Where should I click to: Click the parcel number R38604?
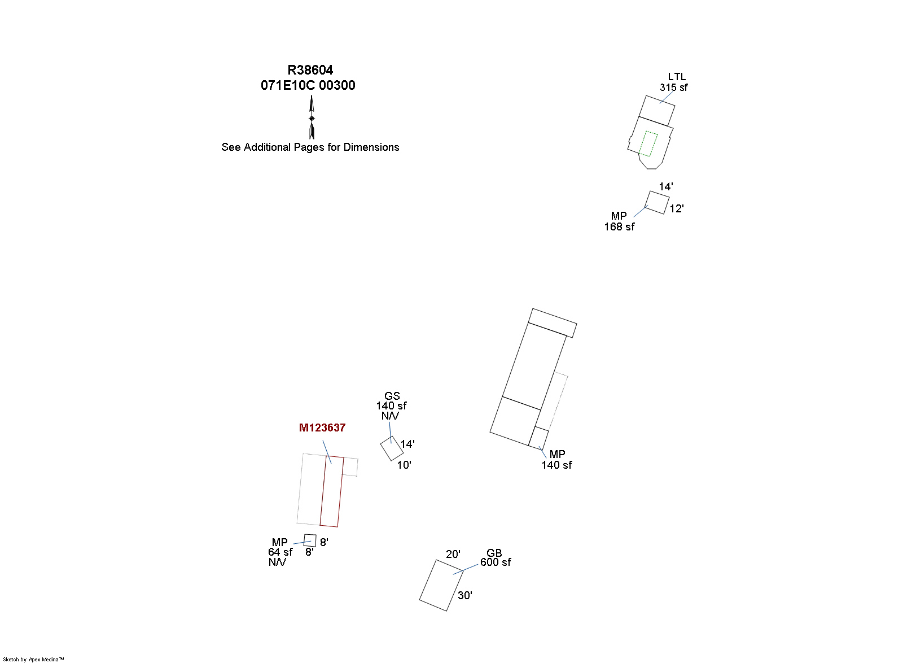310,70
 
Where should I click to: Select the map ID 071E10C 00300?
308,85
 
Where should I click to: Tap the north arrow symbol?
311,117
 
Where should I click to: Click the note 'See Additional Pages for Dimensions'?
310,147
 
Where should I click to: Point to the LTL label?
677,77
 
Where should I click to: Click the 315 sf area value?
673,87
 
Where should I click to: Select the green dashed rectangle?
648,143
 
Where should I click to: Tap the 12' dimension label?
677,208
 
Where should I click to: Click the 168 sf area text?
619,226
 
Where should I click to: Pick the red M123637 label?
322,428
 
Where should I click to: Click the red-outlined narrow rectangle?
332,491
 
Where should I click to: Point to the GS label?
392,396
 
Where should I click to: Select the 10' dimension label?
404,465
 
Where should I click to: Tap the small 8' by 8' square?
310,540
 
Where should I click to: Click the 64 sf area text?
280,552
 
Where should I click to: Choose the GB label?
494,553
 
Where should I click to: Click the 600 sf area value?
496,562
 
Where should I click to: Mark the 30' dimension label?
465,596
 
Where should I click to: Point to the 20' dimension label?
453,554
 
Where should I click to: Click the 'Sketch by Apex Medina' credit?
33,660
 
